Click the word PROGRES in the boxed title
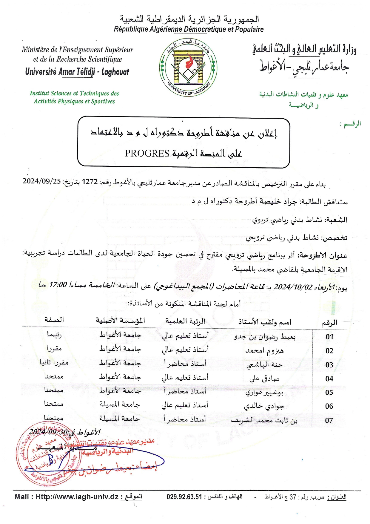pyautogui.click(x=147, y=153)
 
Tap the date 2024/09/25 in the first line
pyautogui.click(x=42, y=181)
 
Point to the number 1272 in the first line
pyautogui.click(x=90, y=182)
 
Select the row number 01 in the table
pyautogui.click(x=329, y=337)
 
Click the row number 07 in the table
pyautogui.click(x=329, y=420)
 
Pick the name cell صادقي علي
pyautogui.click(x=264, y=379)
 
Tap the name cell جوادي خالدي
pyautogui.click(x=264, y=406)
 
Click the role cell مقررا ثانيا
pyautogui.click(x=54, y=363)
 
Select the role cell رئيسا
pyautogui.click(x=54, y=335)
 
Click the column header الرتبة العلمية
pyautogui.click(x=185, y=321)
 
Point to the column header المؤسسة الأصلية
pyautogui.click(x=120, y=321)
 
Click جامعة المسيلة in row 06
pyautogui.click(x=120, y=405)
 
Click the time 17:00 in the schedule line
pyautogui.click(x=58, y=284)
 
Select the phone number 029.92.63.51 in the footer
pyautogui.click(x=184, y=497)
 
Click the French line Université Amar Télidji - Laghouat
pyautogui.click(x=77, y=72)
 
